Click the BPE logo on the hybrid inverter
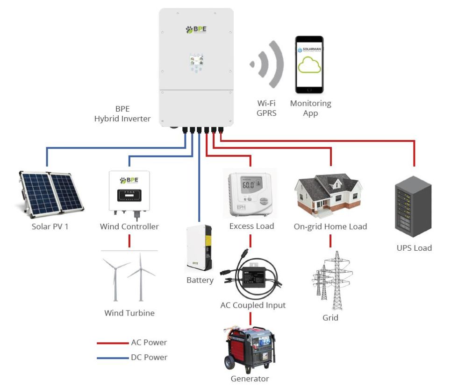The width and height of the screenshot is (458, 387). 196,30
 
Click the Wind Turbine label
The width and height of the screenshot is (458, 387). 129,313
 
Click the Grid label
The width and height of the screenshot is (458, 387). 330,318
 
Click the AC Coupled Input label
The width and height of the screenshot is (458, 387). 253,305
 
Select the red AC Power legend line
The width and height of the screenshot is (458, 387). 113,343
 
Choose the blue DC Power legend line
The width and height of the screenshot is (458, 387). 113,358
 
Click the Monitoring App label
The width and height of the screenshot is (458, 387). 310,108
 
